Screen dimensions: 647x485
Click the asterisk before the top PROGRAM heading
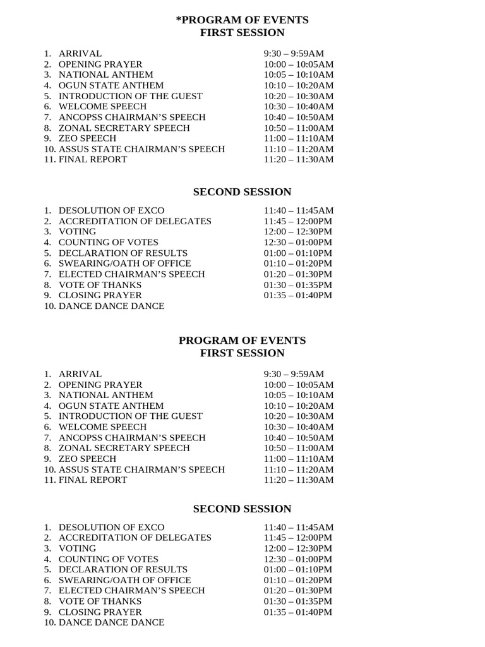pos(178,19)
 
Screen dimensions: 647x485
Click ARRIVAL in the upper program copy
pos(80,54)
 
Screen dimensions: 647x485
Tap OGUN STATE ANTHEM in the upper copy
pos(111,85)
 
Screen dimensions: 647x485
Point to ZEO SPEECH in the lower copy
pos(87,459)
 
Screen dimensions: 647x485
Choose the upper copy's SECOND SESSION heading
pos(242,192)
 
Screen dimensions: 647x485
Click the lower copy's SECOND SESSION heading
pos(242,509)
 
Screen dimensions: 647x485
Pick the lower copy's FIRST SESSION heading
pos(242,353)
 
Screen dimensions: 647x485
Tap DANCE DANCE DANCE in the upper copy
pos(111,306)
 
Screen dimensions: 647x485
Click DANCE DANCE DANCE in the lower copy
pos(111,622)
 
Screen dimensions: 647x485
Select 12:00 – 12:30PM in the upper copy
pos(298,232)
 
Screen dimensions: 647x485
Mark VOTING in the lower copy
pos(78,548)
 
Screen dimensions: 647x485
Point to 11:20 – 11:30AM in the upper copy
pos(299,159)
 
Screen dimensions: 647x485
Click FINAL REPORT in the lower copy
pos(93,480)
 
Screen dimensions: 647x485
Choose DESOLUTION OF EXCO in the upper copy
pos(111,210)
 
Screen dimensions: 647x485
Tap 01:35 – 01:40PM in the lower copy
pos(298,612)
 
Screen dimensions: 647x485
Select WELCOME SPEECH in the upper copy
pos(102,107)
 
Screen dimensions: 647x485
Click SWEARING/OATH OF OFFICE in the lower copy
pos(124,580)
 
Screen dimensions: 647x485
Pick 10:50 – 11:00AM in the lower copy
pos(299,448)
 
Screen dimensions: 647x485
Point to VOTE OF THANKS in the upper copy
pos(100,285)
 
